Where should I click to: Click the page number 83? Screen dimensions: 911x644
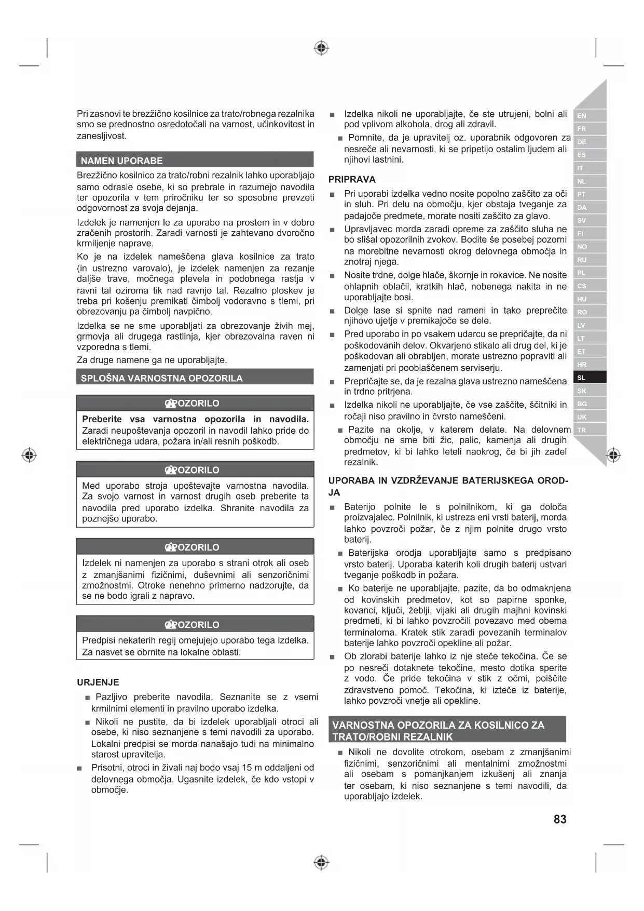pyautogui.click(x=560, y=819)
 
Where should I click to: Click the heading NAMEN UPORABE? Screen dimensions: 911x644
pyautogui.click(x=122, y=160)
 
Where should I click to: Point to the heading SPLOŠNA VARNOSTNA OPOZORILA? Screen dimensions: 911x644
pyautogui.click(x=161, y=378)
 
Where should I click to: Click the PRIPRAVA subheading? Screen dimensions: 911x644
pyautogui.click(x=352, y=179)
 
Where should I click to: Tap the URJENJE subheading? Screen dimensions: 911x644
pyautogui.click(x=98, y=682)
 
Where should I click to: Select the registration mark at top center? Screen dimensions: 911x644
pyautogui.click(x=322, y=48)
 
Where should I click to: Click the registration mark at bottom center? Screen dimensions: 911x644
pyautogui.click(x=322, y=863)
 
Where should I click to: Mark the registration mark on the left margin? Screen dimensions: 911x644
pyautogui.click(x=30, y=455)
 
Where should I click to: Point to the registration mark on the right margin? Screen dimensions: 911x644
pyautogui.click(x=613, y=455)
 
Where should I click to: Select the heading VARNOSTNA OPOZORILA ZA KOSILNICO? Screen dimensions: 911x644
pyautogui.click(x=438, y=725)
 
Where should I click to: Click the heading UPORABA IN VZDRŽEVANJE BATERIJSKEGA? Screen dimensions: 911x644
pyautogui.click(x=448, y=480)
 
